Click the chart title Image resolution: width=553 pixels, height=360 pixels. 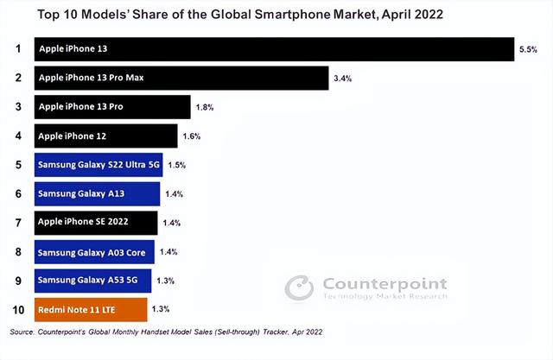(240, 15)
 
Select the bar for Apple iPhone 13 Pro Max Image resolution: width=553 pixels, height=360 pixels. (181, 78)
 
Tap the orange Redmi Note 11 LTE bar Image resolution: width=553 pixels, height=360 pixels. (91, 310)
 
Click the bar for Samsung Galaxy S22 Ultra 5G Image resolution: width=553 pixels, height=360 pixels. (99, 165)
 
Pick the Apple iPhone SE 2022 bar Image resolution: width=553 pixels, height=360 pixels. (96, 223)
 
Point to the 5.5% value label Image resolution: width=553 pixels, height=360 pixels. (528, 49)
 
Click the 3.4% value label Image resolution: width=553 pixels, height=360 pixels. (343, 79)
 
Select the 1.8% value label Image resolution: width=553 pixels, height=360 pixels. (205, 107)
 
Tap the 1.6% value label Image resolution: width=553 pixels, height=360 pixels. (192, 136)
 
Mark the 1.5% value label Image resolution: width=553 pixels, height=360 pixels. (176, 165)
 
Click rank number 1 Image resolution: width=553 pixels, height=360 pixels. (18, 48)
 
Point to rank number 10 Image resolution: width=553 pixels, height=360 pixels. (18, 310)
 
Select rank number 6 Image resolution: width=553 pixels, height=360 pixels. (18, 193)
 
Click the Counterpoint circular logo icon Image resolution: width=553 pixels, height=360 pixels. (299, 287)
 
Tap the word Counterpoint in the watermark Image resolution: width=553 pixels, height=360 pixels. (385, 284)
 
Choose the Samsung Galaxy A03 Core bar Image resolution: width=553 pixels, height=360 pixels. (94, 252)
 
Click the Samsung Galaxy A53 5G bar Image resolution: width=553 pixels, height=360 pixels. (92, 281)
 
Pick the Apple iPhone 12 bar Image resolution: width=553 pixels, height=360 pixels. (105, 136)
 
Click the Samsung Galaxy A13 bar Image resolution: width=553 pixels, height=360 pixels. (97, 193)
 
